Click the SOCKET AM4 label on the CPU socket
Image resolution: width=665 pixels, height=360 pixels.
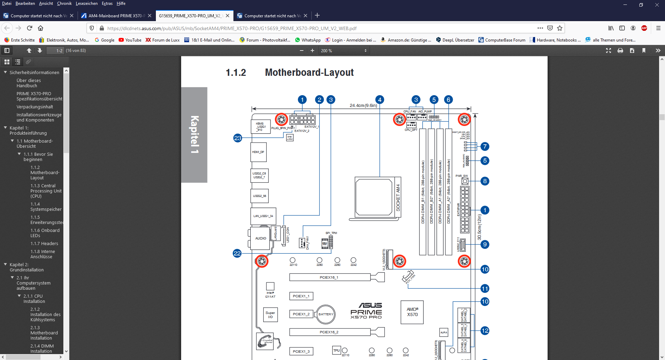[398, 198]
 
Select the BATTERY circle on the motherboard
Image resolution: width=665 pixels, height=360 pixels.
[326, 314]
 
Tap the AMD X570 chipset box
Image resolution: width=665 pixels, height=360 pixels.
[412, 312]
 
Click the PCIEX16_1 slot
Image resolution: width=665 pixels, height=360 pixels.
[329, 277]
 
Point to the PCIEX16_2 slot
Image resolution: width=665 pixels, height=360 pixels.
[329, 332]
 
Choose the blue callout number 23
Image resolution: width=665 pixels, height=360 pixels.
[238, 138]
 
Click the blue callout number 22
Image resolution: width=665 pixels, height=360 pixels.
[237, 253]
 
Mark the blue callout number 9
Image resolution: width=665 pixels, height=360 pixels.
[485, 244]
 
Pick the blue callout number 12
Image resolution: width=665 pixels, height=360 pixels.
[485, 331]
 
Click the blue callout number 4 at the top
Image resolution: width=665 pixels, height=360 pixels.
[380, 100]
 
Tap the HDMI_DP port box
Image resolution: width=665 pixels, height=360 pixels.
[258, 152]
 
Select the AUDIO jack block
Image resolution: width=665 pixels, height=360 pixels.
[260, 238]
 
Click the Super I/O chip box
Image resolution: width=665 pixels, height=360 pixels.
[270, 315]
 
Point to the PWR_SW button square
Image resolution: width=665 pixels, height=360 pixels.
[465, 181]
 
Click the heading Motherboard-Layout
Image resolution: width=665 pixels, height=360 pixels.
[309, 72]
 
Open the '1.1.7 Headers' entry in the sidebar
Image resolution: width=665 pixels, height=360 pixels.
[44, 244]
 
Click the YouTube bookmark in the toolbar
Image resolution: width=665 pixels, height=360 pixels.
[130, 40]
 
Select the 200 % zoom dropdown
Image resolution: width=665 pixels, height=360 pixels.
[344, 51]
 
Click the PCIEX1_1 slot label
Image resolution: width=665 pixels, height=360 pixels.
[301, 296]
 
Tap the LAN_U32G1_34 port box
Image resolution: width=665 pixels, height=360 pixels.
[263, 216]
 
